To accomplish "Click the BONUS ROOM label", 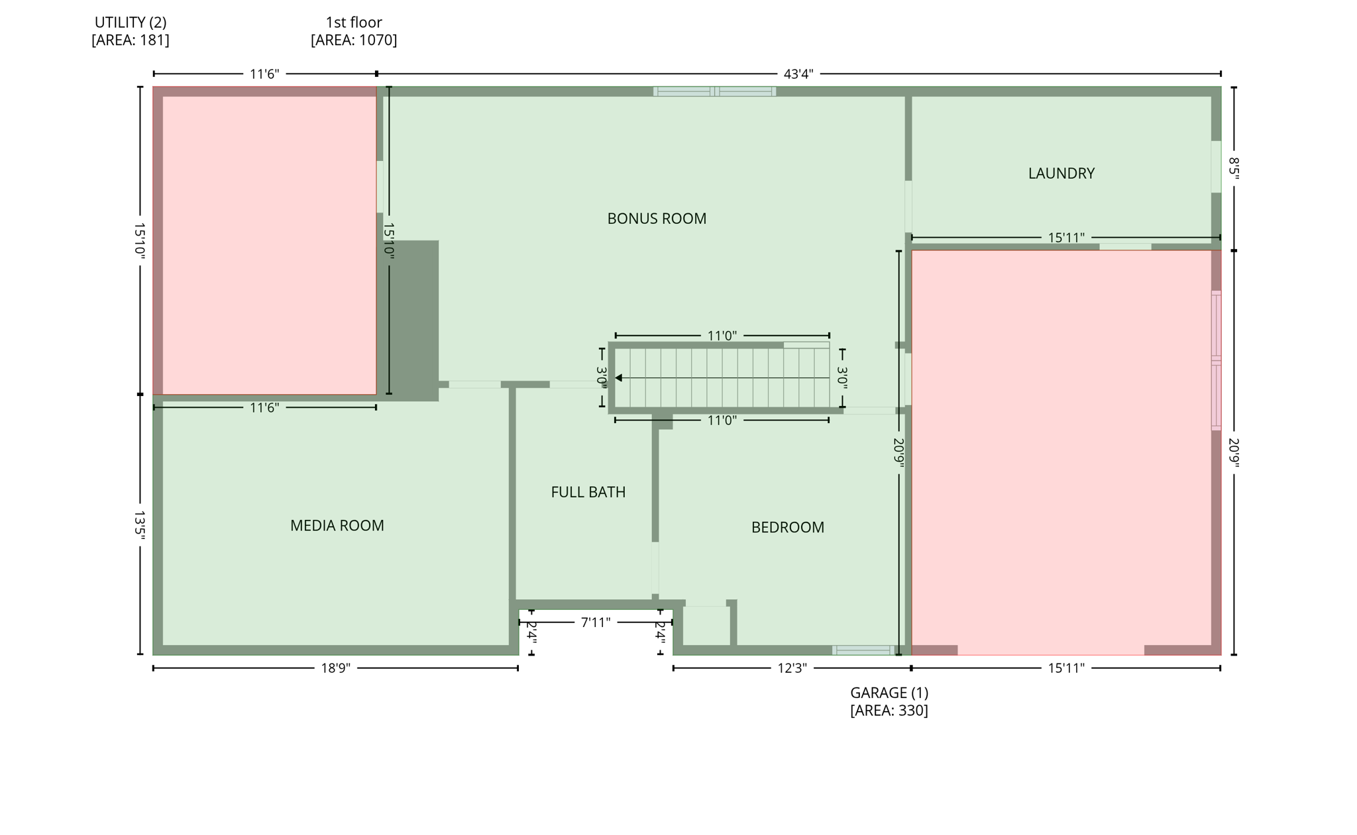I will (657, 219).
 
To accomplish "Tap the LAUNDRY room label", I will (1061, 173).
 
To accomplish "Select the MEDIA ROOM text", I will (337, 526).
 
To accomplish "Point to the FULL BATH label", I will (588, 492).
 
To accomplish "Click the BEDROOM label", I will (787, 528).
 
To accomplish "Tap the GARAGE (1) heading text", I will (889, 693).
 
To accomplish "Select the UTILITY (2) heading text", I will (131, 23).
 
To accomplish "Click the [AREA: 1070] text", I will (354, 40).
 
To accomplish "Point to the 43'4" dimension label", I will (798, 74).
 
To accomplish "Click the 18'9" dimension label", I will (335, 668).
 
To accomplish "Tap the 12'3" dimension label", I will (792, 668).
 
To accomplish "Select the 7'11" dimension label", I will (595, 622).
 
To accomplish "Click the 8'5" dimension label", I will (1233, 168).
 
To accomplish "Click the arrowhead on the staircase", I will (618, 378).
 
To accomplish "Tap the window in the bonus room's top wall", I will (714, 91).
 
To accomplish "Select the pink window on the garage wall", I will (1216, 361).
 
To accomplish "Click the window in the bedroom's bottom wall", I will (863, 650).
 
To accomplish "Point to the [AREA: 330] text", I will (889, 711).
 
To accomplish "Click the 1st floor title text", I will (354, 23).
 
